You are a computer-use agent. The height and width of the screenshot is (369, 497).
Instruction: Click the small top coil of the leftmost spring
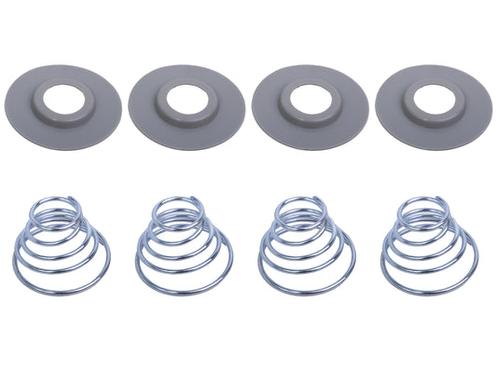pyautogui.click(x=46, y=200)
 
